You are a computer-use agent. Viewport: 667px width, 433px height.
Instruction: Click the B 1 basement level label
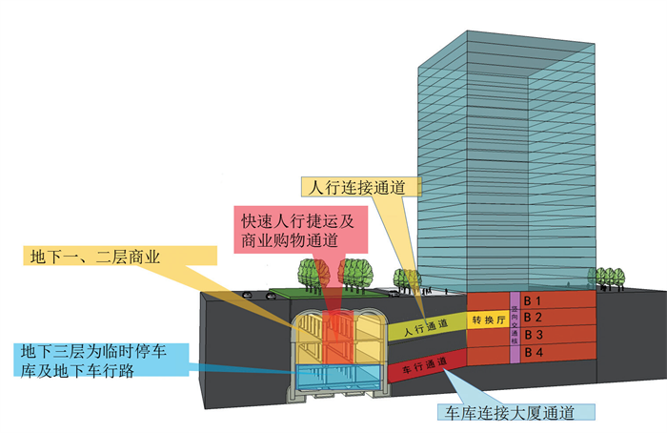pos(535,300)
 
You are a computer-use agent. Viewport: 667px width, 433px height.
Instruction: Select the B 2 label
pos(535,318)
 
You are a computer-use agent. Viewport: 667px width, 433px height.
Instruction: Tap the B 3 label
pos(535,336)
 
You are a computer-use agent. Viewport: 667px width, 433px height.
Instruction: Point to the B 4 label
pos(535,354)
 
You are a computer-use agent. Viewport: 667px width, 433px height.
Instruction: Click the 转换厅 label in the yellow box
pos(487,320)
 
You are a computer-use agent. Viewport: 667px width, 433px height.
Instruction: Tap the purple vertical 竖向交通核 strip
pos(514,327)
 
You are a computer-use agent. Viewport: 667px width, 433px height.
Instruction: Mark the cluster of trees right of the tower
pos(604,276)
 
